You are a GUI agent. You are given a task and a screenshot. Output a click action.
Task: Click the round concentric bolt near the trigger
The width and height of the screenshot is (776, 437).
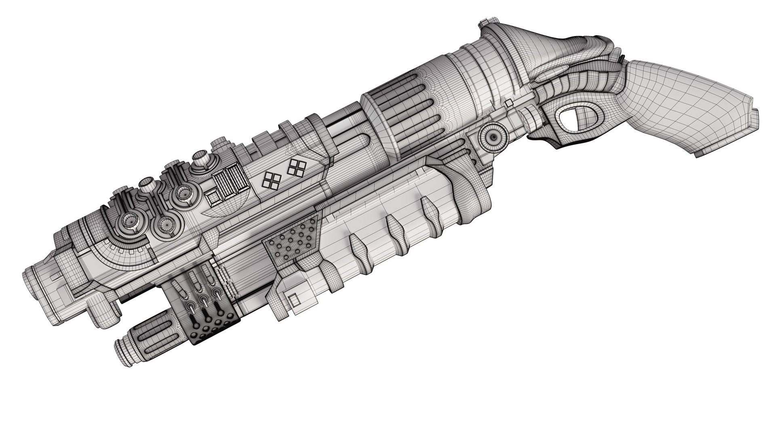[493, 138]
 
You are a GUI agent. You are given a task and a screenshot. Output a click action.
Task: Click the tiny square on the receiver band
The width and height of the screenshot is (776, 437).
[510, 102]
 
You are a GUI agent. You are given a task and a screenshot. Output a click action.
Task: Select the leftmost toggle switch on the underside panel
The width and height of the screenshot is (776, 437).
[191, 308]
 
